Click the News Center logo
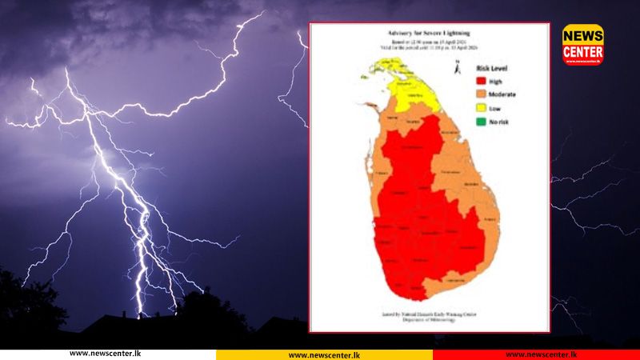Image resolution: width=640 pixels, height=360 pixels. click(582, 44)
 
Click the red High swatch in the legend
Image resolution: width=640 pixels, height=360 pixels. click(482, 80)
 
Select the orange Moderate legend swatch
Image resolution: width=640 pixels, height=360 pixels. click(482, 94)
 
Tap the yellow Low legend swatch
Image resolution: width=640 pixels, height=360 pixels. click(482, 108)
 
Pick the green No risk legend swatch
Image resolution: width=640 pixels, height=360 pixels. click(482, 122)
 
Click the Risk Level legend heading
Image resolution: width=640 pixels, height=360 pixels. click(494, 68)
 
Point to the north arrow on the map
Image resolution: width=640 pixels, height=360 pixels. click(455, 70)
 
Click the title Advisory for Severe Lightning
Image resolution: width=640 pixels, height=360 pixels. click(429, 33)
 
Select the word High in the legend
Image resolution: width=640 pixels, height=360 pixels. click(497, 80)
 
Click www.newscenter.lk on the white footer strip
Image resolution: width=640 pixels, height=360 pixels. click(105, 354)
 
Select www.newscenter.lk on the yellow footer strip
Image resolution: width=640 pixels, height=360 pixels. click(323, 354)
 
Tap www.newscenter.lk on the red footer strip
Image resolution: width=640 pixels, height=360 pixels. click(541, 354)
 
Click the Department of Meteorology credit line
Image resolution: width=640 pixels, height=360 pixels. click(430, 318)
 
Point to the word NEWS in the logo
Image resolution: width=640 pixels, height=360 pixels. click(582, 35)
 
